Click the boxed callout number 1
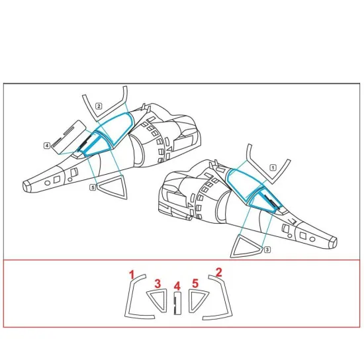(x=273, y=167)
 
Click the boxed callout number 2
(x=99, y=106)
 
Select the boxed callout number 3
(x=267, y=250)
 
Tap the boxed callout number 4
(x=47, y=146)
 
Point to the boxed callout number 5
(x=93, y=187)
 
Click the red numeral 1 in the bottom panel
(x=132, y=275)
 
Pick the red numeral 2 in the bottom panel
(x=218, y=272)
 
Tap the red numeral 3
(x=158, y=283)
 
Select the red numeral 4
(x=177, y=286)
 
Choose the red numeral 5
(x=195, y=283)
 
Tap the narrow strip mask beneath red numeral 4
(x=177, y=303)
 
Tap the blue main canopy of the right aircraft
(x=245, y=183)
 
